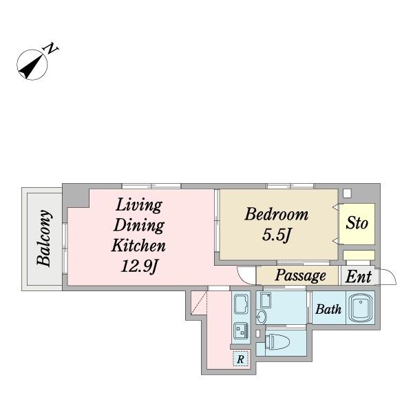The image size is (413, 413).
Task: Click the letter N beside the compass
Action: [x=50, y=48]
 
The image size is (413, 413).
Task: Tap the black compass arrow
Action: [x=31, y=66]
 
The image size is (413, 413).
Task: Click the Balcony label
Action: [x=43, y=238]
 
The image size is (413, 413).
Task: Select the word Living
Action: [x=139, y=206]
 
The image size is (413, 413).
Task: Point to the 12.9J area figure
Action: [x=139, y=266]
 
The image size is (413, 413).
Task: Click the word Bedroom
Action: [x=276, y=214]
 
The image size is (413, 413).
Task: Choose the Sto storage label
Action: [x=357, y=223]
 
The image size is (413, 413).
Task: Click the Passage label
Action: [x=301, y=276]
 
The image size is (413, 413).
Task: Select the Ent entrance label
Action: [x=359, y=277]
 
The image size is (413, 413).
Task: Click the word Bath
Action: [x=328, y=309]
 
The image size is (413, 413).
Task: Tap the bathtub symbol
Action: [x=360, y=308]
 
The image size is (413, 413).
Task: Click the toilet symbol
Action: [x=277, y=341]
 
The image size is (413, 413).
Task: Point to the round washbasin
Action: [x=261, y=317]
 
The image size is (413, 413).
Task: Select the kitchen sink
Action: [x=241, y=304]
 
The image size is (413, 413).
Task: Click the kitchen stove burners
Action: [x=241, y=330]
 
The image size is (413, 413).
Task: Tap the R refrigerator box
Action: [x=240, y=359]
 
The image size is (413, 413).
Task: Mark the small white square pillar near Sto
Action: [x=347, y=193]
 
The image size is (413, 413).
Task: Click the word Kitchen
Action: [x=138, y=246]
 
